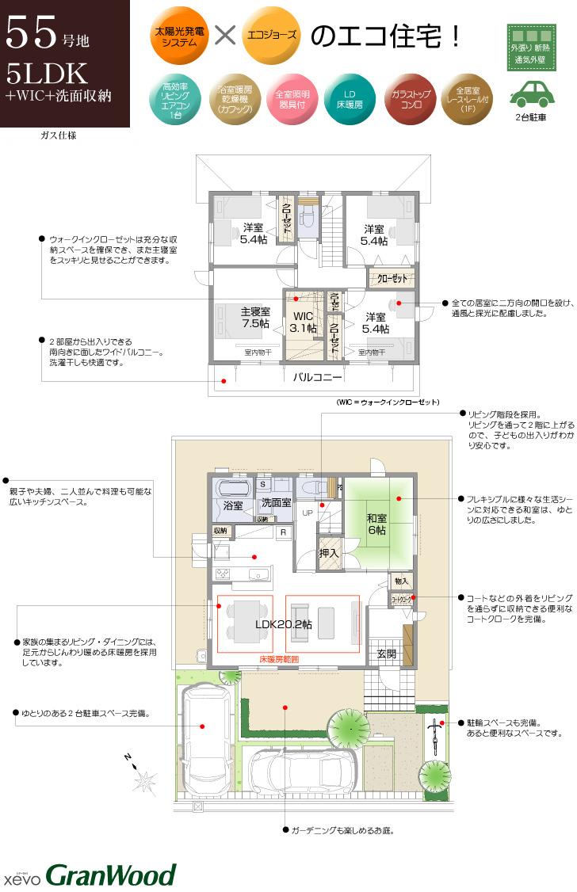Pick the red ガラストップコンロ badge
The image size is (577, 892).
tap(411, 99)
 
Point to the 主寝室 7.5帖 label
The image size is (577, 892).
tap(255, 318)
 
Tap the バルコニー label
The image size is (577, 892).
tap(317, 377)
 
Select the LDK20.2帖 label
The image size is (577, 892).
tap(283, 624)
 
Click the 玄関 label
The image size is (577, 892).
tap(386, 654)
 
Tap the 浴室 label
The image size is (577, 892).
tap(233, 505)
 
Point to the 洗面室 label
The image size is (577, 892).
tap(277, 502)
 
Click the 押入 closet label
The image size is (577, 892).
tap(328, 553)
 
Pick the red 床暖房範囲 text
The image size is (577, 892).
tap(279, 659)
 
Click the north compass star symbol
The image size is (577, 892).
tap(143, 782)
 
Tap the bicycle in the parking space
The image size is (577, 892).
tap(434, 737)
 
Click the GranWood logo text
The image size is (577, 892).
tap(110, 875)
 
